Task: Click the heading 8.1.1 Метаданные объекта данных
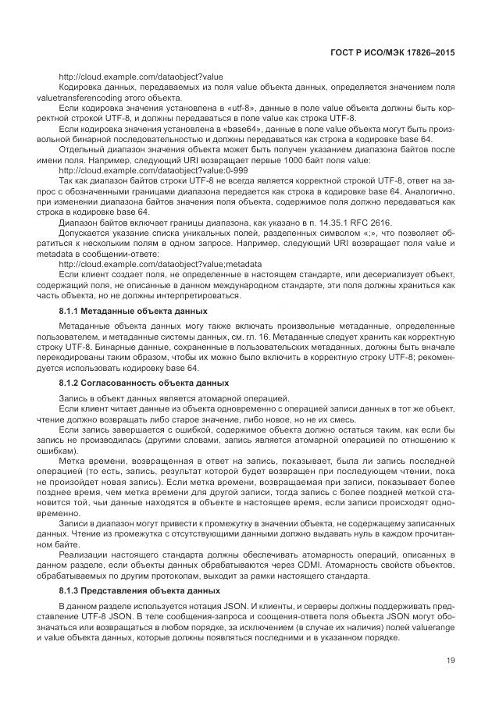click(x=133, y=311)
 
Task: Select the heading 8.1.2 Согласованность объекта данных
click(x=144, y=383)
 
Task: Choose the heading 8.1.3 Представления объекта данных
click(x=140, y=590)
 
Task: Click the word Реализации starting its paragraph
click(x=84, y=553)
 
